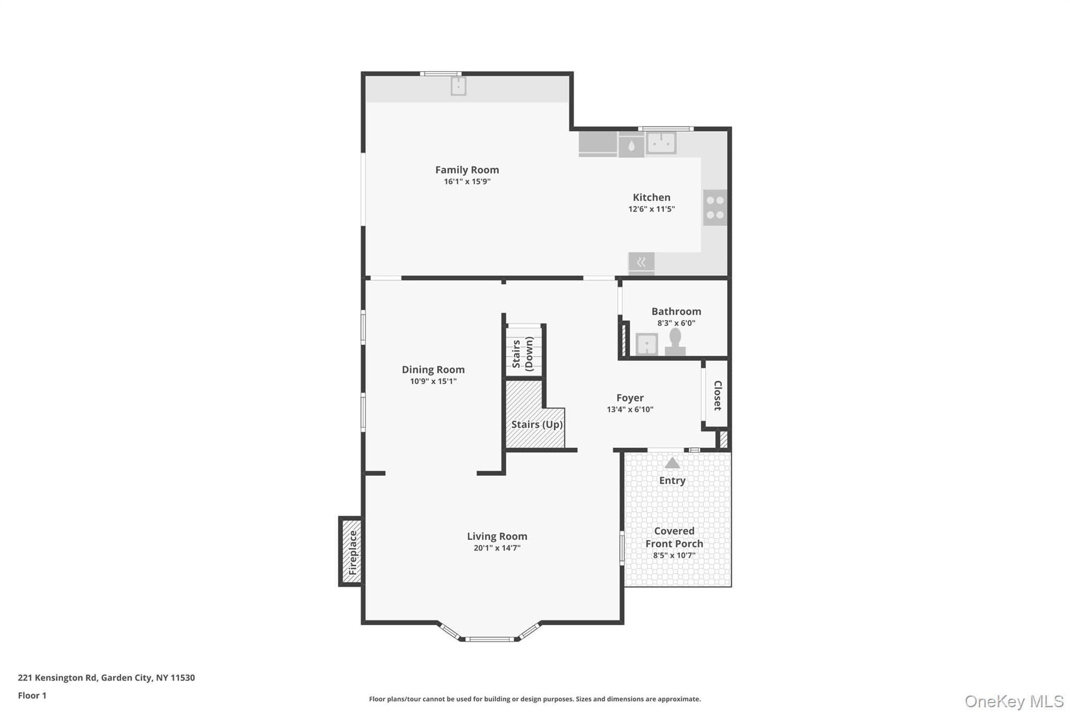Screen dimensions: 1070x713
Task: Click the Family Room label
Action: point(467,170)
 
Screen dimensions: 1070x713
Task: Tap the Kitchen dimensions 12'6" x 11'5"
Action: point(652,209)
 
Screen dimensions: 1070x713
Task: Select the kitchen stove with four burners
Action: point(715,207)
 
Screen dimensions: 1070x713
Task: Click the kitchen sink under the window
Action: point(661,143)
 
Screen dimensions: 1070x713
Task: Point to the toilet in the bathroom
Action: point(675,342)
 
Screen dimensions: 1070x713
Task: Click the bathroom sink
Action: point(646,344)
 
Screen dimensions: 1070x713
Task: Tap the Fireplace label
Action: point(353,552)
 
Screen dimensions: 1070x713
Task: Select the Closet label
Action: point(718,395)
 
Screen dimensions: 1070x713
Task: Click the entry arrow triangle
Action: point(672,463)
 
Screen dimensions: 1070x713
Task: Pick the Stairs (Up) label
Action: point(537,424)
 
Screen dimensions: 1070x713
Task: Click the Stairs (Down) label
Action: point(522,354)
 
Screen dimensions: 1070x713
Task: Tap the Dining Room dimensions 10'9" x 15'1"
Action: point(433,381)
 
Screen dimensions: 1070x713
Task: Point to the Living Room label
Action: point(497,536)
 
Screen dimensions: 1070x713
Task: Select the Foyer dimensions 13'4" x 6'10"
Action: point(630,410)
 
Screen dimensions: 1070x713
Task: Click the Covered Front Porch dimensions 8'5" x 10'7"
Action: point(674,555)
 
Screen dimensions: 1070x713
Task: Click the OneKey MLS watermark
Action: point(1014,701)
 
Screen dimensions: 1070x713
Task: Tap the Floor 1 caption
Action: point(32,695)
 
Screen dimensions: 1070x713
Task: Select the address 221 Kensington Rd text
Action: point(57,677)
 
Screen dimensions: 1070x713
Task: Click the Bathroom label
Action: point(676,311)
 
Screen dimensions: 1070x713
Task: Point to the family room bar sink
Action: point(458,86)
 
